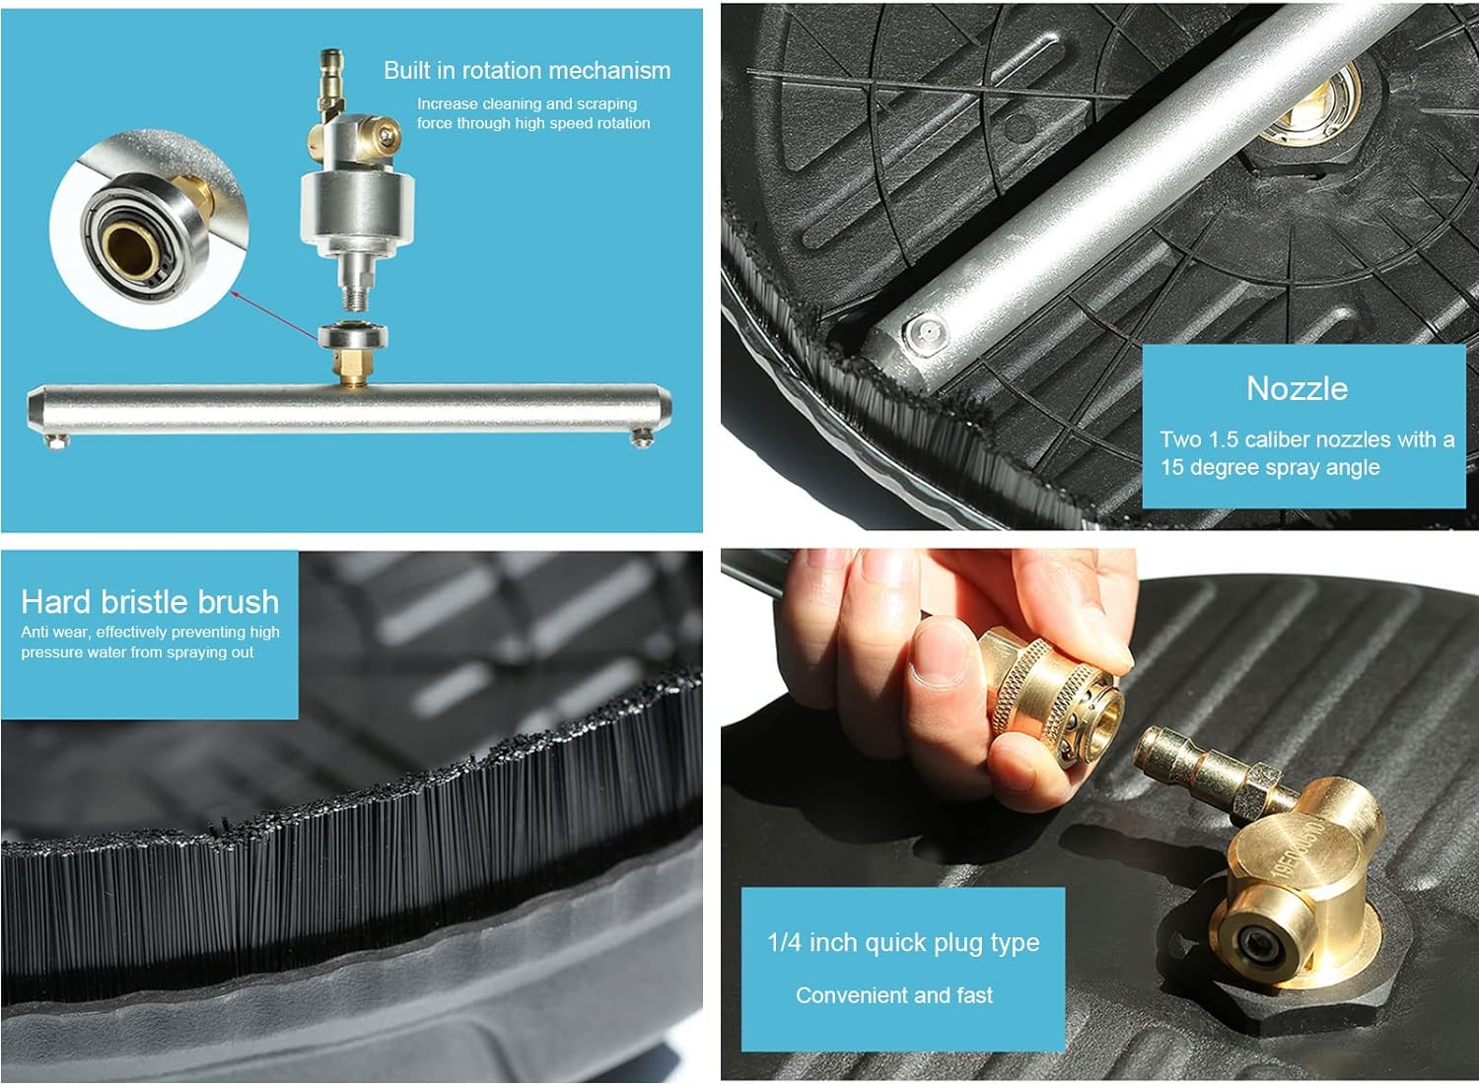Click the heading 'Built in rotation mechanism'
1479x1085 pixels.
[527, 71]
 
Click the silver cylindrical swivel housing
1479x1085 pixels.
[356, 211]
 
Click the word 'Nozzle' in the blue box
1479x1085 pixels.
[1297, 388]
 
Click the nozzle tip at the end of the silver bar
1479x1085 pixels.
[925, 336]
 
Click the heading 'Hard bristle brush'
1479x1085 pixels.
[150, 601]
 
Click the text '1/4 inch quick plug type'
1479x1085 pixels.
[903, 942]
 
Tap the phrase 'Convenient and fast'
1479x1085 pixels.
[894, 995]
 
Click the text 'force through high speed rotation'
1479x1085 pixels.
[532, 123]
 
